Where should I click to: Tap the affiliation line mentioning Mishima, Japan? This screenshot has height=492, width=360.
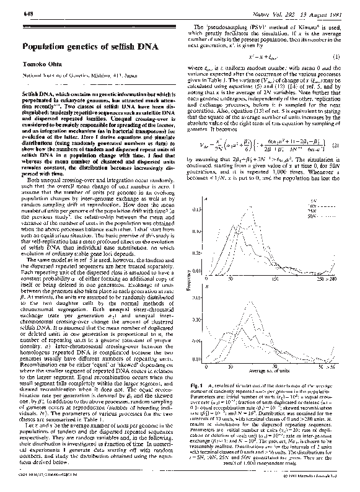pyautogui.click(x=74, y=75)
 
